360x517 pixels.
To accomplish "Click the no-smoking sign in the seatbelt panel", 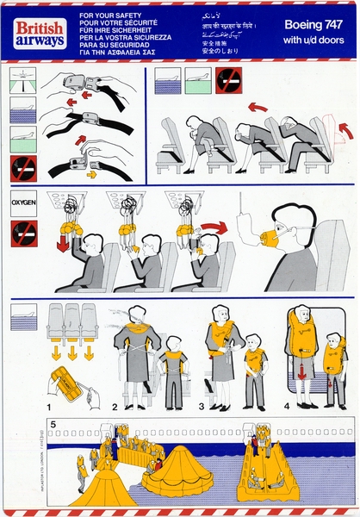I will click(22, 167).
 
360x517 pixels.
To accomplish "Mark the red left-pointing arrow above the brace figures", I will click(257, 108).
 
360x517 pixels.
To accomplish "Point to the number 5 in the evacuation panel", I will click(53, 424).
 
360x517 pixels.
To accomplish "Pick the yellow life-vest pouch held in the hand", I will click(65, 384).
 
